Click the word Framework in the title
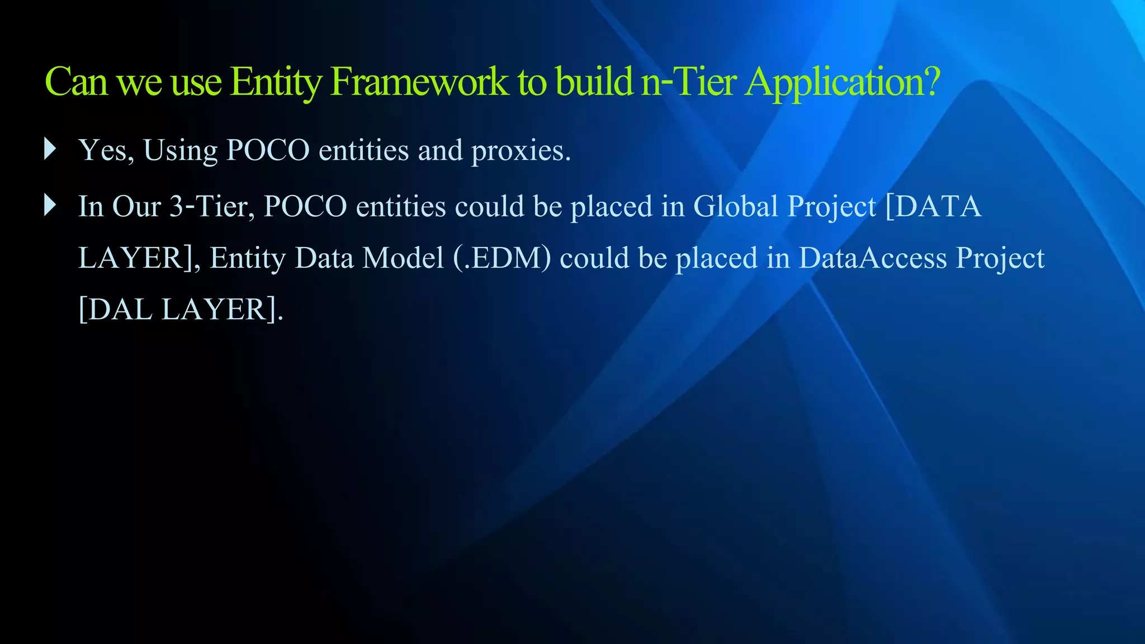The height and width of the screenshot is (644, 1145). pos(419,82)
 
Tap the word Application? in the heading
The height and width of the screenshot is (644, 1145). pos(843,82)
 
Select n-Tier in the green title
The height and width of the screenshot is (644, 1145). pos(689,82)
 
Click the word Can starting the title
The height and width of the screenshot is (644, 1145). pos(75,82)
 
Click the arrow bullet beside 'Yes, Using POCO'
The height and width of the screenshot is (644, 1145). pos(50,149)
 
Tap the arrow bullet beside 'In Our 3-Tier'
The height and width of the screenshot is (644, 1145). pos(50,205)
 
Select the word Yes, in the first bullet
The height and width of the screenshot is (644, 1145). pos(106,150)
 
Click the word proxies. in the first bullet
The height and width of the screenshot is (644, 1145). pos(521,150)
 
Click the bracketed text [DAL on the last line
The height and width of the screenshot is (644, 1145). pos(115,310)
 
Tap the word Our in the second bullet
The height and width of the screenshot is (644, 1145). pos(136,206)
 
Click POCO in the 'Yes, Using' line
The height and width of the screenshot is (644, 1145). pos(268,150)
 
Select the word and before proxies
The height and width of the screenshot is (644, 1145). pos(440,150)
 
